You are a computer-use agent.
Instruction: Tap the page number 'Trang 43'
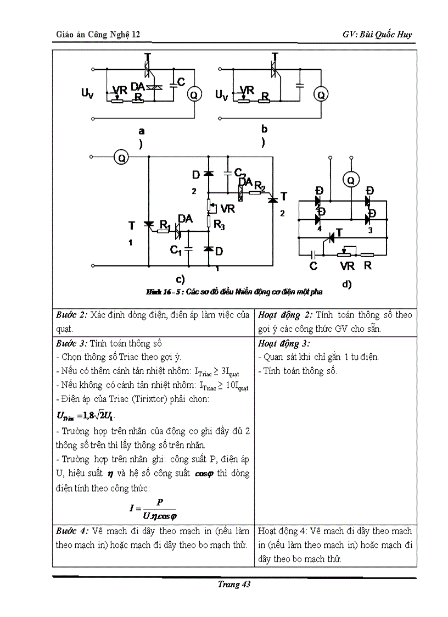click(234, 585)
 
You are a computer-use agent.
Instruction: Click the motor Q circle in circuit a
click(193, 95)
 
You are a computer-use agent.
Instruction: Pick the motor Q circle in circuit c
click(121, 158)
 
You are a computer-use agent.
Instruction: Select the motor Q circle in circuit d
click(351, 179)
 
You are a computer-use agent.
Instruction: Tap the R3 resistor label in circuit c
click(220, 225)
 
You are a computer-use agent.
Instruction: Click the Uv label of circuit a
click(87, 94)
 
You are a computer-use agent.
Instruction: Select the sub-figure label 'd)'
click(346, 285)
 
